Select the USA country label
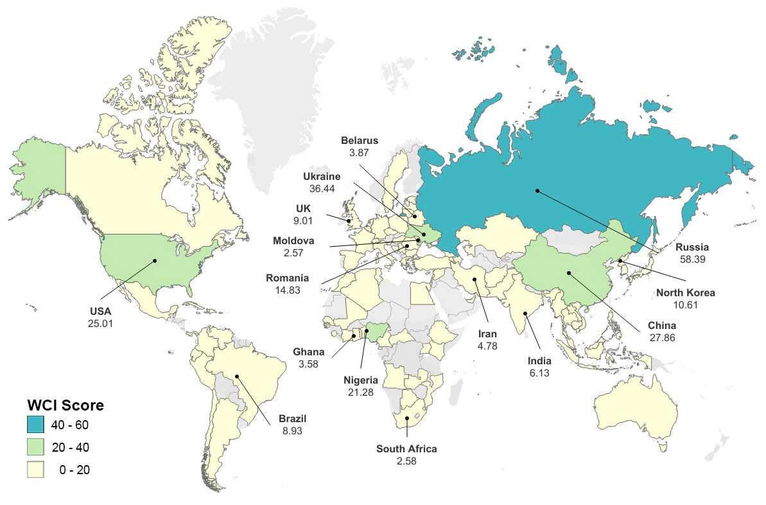[x=100, y=312]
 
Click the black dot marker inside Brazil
[x=237, y=376]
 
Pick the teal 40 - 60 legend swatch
[x=35, y=424]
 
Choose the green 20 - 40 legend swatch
[x=35, y=447]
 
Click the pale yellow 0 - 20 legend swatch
[x=35, y=470]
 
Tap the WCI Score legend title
[x=65, y=405]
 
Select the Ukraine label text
[x=322, y=176]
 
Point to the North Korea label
[x=685, y=293]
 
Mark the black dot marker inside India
[x=525, y=314]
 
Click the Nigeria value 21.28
[x=360, y=391]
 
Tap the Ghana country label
[x=309, y=352]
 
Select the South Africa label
[x=406, y=449]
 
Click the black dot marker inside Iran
[x=474, y=279]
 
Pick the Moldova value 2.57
[x=293, y=253]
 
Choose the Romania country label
[x=288, y=279]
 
